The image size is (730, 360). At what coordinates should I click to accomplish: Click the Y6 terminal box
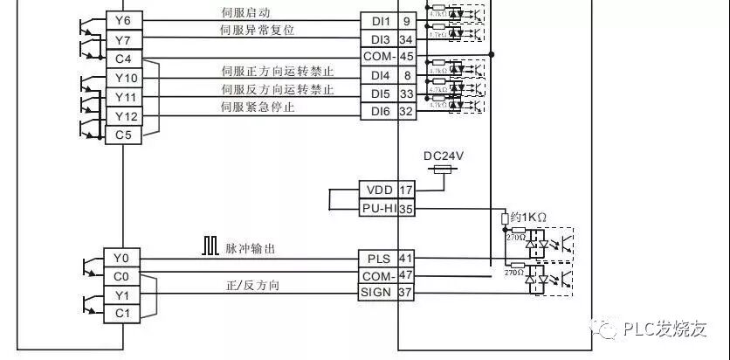[123, 21]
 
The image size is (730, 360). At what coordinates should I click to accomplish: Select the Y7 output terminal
[123, 40]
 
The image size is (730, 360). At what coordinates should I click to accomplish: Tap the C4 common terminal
[123, 59]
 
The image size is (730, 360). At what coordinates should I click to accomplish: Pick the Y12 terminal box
[123, 116]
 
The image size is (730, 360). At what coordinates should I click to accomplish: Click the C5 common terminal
[123, 135]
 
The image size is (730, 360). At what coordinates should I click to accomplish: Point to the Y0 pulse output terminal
[121, 258]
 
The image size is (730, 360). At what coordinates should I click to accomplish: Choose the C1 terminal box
[121, 313]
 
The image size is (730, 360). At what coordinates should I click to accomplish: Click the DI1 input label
[380, 20]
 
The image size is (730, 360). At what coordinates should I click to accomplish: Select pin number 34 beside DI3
[406, 39]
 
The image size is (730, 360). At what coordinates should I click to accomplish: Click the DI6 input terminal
[380, 112]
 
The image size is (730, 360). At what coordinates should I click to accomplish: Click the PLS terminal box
[378, 258]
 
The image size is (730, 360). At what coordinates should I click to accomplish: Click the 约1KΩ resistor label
[528, 216]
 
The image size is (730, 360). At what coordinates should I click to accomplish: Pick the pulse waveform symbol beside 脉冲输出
[210, 247]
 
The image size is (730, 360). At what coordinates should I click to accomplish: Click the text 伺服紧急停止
[258, 107]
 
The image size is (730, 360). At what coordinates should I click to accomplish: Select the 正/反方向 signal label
[252, 286]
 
